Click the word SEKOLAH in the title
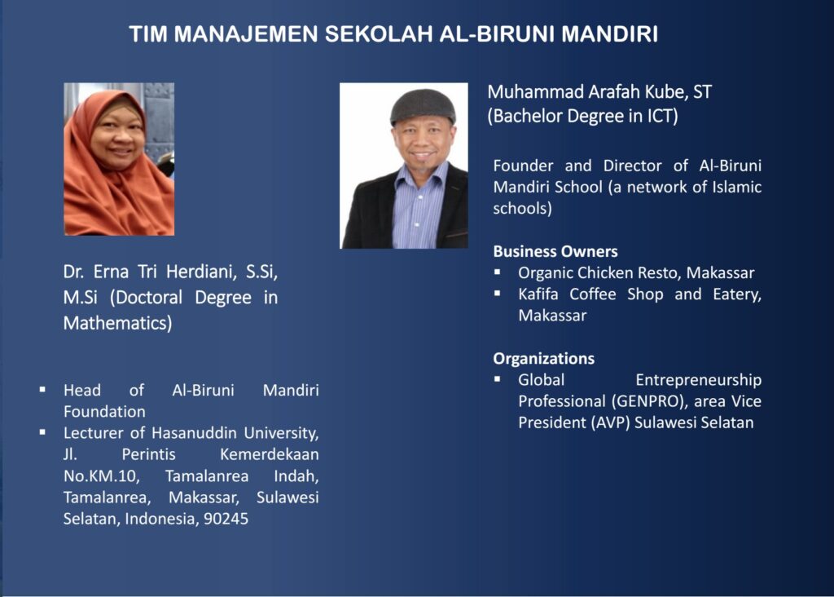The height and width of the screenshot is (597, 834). tap(378, 34)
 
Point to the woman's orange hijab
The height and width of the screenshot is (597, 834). tap(117, 175)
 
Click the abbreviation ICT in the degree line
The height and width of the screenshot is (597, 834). tap(662, 116)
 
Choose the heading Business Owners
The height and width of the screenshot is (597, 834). tap(555, 251)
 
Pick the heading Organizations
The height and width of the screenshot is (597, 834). tap(543, 358)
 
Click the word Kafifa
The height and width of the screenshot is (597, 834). tap(538, 294)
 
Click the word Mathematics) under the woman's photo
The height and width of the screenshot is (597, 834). tap(117, 323)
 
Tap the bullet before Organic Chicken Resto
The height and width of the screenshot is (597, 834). tap(498, 272)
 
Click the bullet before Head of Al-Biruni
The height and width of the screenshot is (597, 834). tap(42, 390)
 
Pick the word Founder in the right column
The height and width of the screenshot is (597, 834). tap(523, 166)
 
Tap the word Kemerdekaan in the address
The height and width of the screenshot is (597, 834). tap(269, 454)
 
